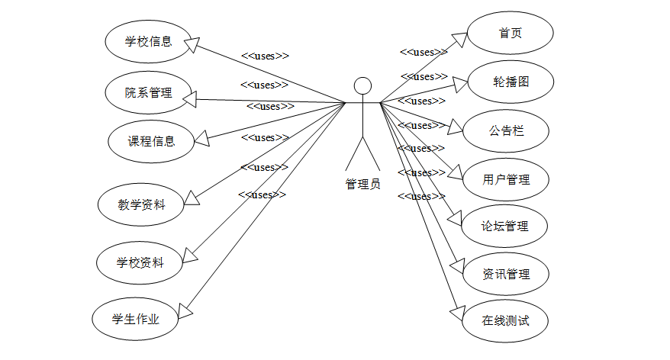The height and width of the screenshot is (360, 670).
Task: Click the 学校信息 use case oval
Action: click(148, 41)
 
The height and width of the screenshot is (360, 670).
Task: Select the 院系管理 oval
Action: click(148, 93)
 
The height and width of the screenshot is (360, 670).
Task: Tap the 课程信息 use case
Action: click(151, 140)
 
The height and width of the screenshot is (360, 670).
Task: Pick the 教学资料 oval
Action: click(141, 204)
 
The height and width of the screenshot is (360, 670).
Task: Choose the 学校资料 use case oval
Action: click(140, 262)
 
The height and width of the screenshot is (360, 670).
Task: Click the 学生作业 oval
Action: click(135, 319)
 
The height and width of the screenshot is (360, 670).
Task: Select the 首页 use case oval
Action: click(510, 34)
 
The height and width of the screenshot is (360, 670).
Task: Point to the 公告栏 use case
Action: click(506, 131)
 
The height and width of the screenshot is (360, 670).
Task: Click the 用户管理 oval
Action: click(506, 180)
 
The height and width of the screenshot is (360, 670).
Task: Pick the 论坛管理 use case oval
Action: click(504, 226)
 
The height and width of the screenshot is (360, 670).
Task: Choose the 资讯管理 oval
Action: click(506, 274)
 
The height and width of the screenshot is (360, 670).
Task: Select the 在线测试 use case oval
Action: click(505, 320)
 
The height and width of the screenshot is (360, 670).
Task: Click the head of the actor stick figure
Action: click(362, 85)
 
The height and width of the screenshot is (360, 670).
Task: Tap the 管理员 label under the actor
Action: click(362, 184)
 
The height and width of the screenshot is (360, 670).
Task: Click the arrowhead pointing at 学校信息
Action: click(192, 45)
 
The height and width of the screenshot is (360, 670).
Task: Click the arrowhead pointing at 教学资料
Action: click(192, 198)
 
